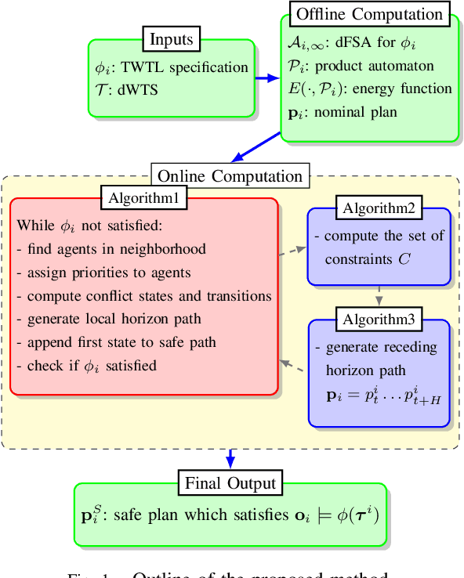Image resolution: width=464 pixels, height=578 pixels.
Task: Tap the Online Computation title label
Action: [230, 175]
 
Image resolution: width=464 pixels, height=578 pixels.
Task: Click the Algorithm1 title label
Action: [144, 198]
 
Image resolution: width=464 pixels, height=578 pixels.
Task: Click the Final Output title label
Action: [230, 482]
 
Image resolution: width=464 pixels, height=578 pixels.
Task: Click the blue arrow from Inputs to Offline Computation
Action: [266, 78]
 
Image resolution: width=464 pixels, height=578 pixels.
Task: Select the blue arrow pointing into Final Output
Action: [230, 458]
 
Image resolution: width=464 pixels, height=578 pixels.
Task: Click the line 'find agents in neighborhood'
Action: [111, 249]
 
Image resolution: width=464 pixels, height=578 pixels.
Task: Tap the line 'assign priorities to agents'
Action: [103, 273]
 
